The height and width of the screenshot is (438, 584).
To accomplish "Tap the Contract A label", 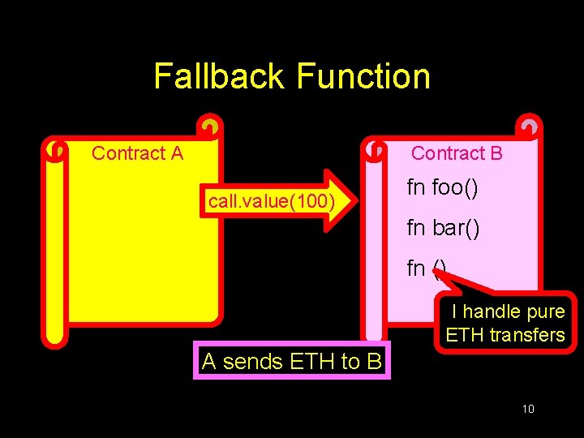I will coord(137,153).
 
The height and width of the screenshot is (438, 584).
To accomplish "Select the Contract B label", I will coord(457,153).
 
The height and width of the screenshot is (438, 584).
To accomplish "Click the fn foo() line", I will coord(442,188).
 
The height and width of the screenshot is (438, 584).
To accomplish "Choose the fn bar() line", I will coord(443,228).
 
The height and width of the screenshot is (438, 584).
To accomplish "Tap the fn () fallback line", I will coord(426,268).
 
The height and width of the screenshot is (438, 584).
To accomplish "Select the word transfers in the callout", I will coord(527,335).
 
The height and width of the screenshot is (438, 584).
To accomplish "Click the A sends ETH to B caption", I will coord(291,361).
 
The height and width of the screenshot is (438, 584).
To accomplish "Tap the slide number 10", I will coord(528,409).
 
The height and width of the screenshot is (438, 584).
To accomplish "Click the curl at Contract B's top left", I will coord(376,150).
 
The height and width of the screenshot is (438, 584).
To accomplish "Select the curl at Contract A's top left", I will coord(55,150).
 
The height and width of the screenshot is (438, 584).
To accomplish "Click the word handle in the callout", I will coord(495,312).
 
